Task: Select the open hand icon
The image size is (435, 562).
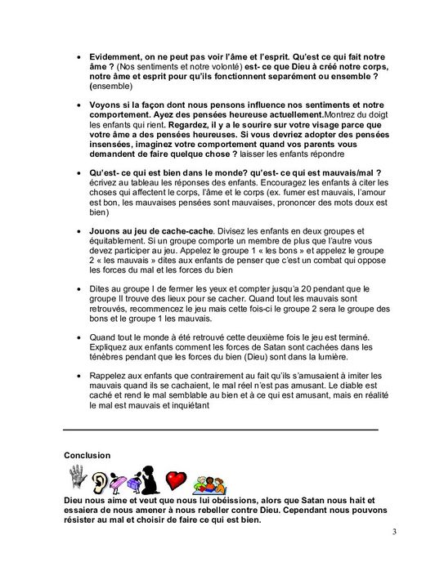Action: point(77,478)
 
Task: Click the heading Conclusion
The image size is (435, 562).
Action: point(87,455)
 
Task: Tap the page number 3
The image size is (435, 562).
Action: point(394,533)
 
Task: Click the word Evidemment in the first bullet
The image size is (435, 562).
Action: point(114,60)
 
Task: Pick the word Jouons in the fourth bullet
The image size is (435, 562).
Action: point(105,232)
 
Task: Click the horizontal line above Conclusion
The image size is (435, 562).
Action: point(221,430)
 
